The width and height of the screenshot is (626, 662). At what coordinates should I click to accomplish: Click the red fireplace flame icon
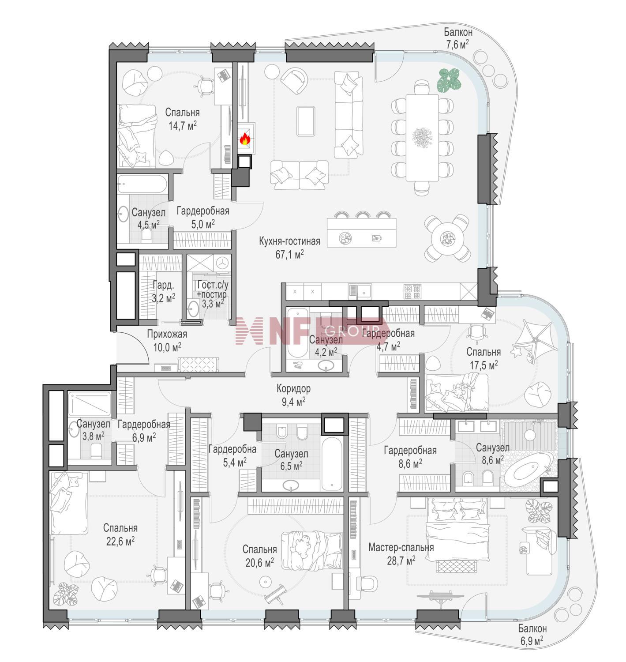click(245, 139)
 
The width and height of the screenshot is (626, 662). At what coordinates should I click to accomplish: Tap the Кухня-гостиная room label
click(289, 241)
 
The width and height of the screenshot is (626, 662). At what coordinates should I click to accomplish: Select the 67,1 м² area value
click(289, 255)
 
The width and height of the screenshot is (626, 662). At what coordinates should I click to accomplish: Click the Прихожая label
click(167, 334)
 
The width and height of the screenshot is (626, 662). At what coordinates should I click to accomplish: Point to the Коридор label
click(293, 388)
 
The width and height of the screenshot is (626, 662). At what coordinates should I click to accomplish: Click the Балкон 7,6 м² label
click(458, 38)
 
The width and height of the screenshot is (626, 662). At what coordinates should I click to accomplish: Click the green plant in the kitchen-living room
click(449, 80)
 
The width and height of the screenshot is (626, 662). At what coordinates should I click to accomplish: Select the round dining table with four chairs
click(447, 238)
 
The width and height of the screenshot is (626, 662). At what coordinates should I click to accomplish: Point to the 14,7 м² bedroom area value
click(182, 126)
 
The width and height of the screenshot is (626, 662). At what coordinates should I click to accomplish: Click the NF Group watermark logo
click(311, 331)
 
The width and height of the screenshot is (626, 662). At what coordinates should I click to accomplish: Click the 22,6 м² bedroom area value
click(120, 542)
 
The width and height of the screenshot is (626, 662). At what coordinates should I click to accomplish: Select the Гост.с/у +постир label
click(212, 289)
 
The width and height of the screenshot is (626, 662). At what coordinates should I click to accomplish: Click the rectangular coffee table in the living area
click(306, 121)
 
